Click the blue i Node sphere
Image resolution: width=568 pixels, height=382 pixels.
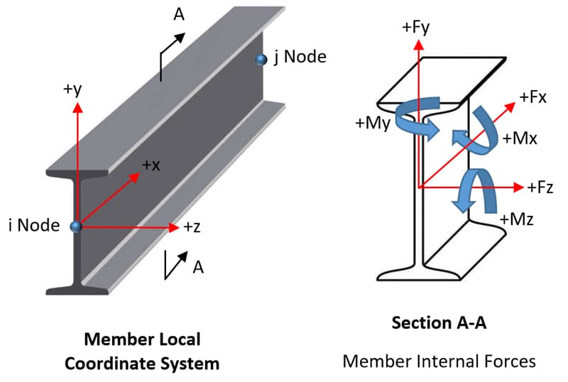(76, 227)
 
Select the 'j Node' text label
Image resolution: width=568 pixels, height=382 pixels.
(298, 58)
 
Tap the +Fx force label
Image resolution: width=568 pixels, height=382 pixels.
(532, 97)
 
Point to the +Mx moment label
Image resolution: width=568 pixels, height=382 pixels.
(520, 138)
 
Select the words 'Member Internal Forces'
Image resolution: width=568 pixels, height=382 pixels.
(439, 361)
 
